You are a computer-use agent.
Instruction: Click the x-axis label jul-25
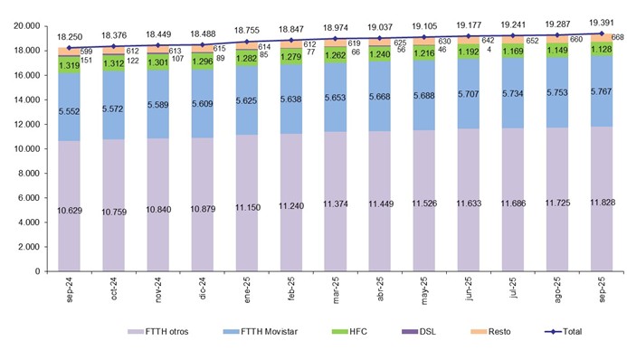pyautogui.click(x=513, y=291)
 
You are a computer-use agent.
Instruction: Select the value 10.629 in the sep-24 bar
pyautogui.click(x=69, y=211)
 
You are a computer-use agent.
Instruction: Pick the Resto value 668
pyautogui.click(x=620, y=37)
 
